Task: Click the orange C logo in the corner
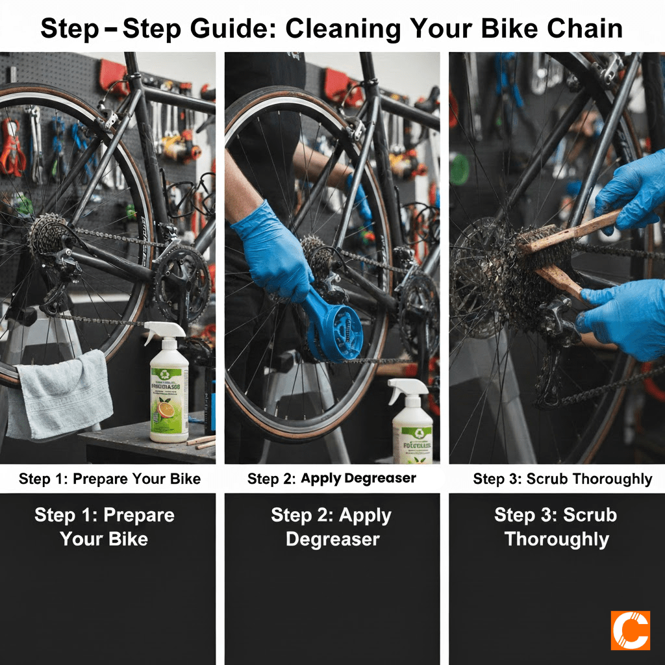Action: click(630, 630)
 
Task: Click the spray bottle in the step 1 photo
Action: click(168, 390)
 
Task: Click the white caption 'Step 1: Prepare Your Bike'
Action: click(110, 479)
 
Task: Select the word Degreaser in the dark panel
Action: click(332, 539)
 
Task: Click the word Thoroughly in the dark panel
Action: click(557, 539)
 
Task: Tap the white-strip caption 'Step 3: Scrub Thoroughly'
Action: click(562, 479)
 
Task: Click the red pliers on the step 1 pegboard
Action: click(10, 149)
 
